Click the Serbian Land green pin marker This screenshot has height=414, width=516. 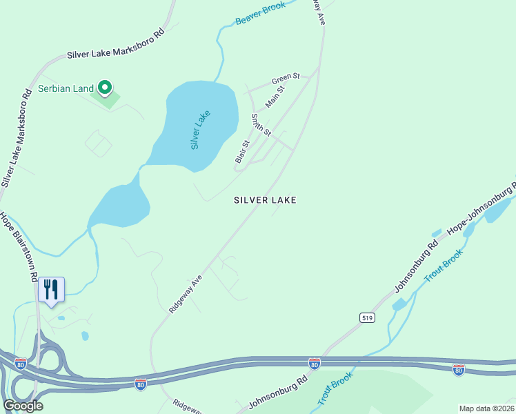(x=105, y=88)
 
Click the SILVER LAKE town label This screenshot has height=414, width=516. (x=265, y=200)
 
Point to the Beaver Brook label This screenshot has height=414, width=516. (x=261, y=13)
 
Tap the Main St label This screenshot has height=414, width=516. (x=275, y=99)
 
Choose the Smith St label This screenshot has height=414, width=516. (x=261, y=125)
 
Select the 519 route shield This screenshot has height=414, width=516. (x=366, y=317)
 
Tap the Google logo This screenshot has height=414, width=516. (x=23, y=405)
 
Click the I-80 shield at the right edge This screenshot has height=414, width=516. (x=458, y=370)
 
